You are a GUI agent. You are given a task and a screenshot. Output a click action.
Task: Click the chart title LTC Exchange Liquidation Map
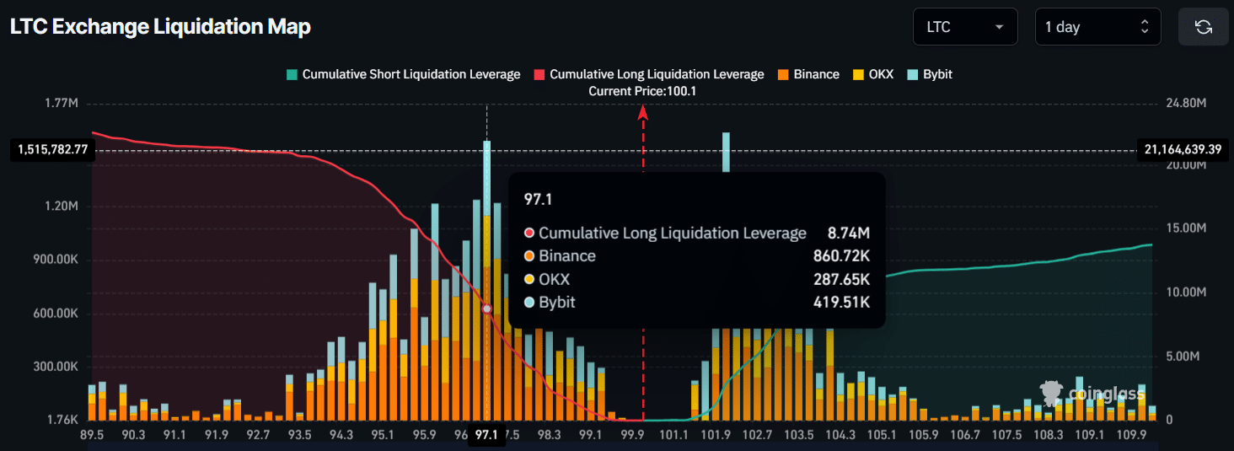(x=160, y=27)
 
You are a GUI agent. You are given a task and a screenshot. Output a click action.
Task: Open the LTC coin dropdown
(x=964, y=27)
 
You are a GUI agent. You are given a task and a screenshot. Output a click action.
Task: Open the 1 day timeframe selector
(x=1097, y=27)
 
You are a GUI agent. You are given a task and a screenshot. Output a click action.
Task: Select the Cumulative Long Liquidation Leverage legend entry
(x=648, y=74)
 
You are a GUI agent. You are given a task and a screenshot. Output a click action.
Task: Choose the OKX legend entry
(x=873, y=74)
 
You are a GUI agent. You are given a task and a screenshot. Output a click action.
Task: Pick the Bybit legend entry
(x=930, y=74)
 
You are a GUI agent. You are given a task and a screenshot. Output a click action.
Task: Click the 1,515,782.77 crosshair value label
(x=52, y=150)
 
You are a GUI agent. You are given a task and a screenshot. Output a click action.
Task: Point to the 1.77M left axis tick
(x=61, y=104)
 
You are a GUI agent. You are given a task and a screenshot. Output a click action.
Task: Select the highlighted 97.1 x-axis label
(x=486, y=435)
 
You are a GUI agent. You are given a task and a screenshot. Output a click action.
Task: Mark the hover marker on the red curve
(x=486, y=309)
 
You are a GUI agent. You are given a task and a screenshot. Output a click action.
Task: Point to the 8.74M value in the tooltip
(x=850, y=234)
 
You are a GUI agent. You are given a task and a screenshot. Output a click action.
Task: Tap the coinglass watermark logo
(x=1092, y=393)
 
